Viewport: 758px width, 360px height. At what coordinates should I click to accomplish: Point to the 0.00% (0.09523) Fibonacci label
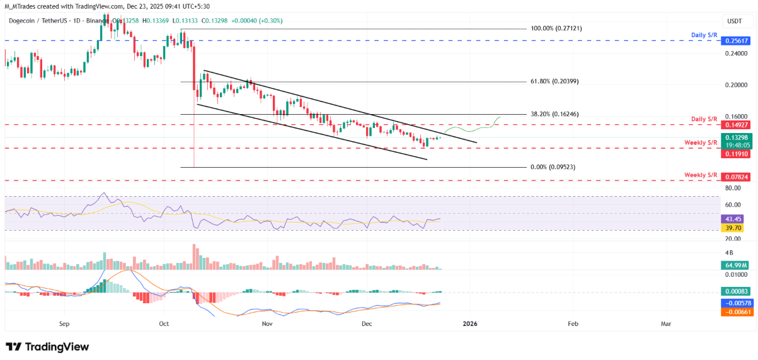pos(554,167)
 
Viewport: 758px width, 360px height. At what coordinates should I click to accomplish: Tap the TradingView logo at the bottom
pos(47,347)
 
